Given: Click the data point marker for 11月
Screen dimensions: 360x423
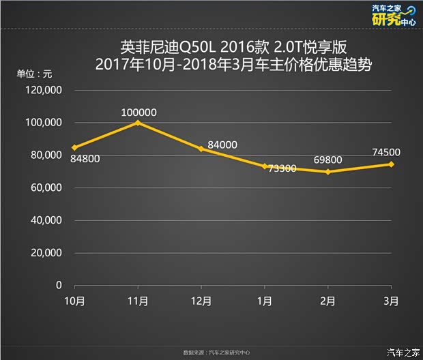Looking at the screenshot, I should coord(138,123).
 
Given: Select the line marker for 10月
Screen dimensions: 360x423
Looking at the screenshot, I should coord(74,147).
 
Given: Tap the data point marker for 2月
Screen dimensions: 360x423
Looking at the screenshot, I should coord(328,172).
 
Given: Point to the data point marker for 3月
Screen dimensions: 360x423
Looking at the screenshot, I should coord(392,164).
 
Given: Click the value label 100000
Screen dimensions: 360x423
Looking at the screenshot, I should coord(138,112).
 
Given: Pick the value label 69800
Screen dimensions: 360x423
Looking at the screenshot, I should coord(327,160).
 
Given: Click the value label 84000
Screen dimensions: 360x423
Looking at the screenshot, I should coord(222,145).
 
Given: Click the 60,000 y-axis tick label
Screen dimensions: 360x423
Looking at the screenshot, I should coord(46,187).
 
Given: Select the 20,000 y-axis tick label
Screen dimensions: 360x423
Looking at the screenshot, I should coord(46,252).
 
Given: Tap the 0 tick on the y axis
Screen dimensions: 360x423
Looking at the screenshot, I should coord(59,285).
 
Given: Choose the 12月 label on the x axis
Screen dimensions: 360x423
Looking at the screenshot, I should coord(201,301).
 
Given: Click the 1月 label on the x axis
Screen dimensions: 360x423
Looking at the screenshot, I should coord(265,301).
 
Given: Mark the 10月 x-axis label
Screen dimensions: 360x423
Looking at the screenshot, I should coord(74,301).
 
